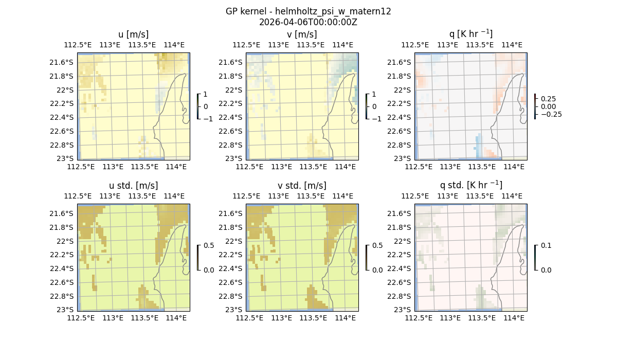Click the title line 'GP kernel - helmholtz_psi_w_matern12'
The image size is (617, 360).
[x=308, y=11]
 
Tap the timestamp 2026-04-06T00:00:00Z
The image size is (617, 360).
[x=308, y=22]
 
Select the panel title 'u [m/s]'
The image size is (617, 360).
[x=133, y=34]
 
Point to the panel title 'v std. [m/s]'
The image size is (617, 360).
[x=302, y=186]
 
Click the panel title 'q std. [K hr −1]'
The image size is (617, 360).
[x=470, y=185]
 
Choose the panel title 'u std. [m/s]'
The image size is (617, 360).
[x=133, y=186]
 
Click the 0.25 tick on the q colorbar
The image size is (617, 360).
[x=548, y=99]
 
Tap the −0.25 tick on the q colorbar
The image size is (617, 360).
[x=550, y=114]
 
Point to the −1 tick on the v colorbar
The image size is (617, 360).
[x=376, y=119]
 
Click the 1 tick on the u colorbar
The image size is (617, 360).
[x=206, y=94]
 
